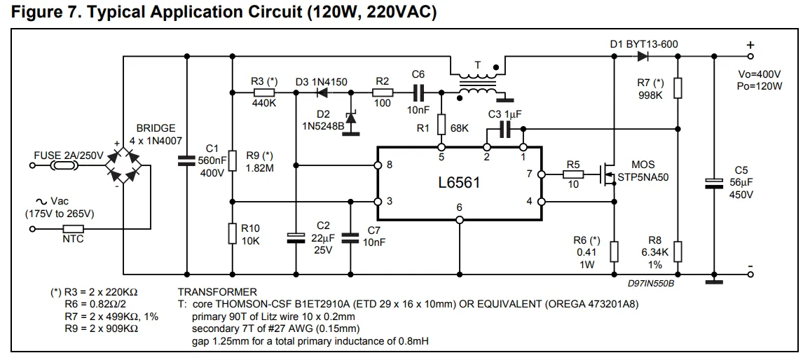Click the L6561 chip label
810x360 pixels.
click(459, 183)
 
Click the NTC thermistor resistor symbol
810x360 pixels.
click(74, 228)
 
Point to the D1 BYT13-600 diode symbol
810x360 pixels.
click(640, 56)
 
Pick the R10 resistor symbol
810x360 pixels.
click(232, 233)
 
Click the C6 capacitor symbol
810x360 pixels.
click(418, 91)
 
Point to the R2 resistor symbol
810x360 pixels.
click(382, 92)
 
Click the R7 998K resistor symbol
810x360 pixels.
click(678, 88)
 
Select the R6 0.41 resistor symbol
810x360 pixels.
click(614, 250)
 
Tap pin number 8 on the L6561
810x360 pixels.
click(389, 165)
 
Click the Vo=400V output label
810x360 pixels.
click(760, 74)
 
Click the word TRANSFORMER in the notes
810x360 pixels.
click(217, 292)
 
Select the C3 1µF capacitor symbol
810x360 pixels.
click(504, 129)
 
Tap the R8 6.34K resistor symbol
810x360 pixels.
click(678, 250)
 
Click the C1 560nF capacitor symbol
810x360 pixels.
click(187, 161)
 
